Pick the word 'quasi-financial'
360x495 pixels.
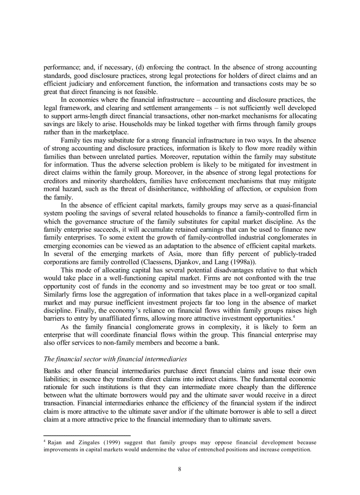click(x=294, y=205)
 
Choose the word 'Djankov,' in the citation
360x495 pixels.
click(x=191, y=261)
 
